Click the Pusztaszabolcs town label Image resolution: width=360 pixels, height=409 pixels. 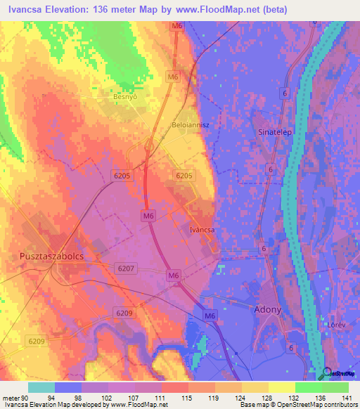tap(51, 257)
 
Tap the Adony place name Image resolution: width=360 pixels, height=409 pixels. tap(267, 309)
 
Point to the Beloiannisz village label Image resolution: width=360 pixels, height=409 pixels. tap(191, 124)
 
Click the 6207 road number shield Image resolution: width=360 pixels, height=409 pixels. tap(126, 268)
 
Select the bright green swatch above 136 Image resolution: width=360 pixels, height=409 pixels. tap(308, 387)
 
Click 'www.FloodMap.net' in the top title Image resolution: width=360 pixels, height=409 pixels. tap(226, 11)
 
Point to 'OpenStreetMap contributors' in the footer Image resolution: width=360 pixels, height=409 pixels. tap(318, 405)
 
